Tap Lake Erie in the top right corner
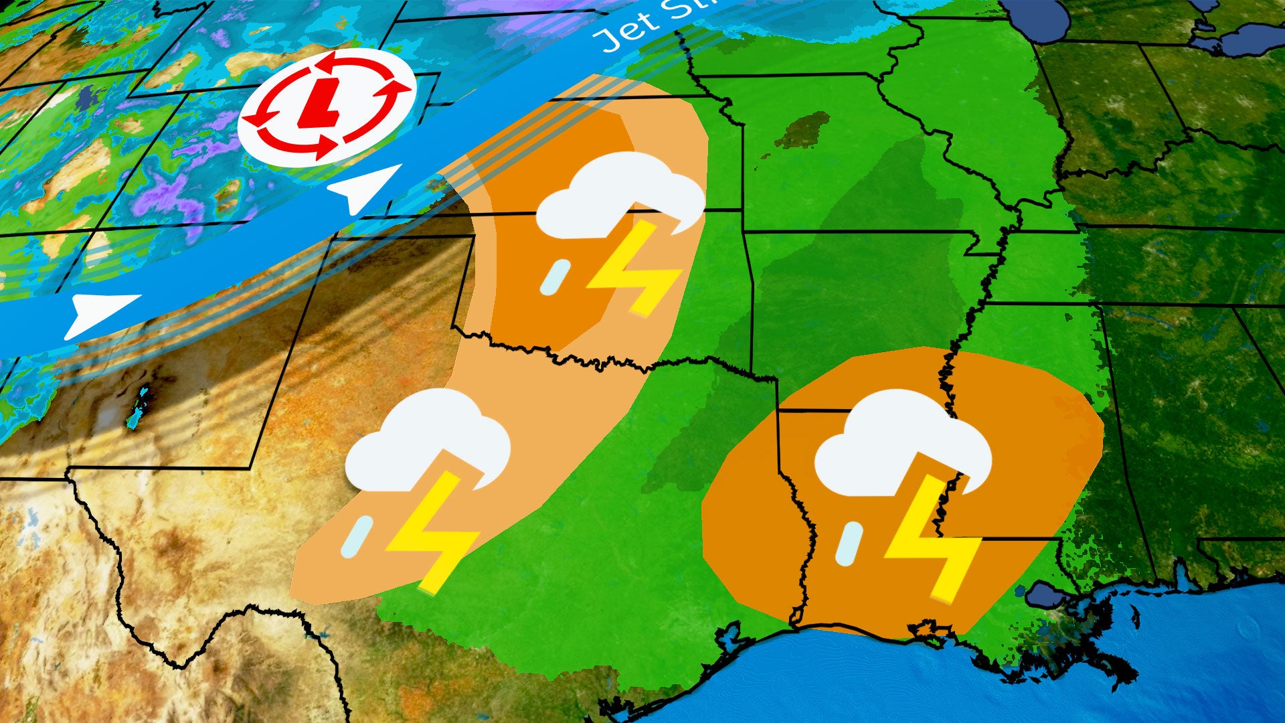(x=1252, y=37)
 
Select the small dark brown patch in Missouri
(x=803, y=131)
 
